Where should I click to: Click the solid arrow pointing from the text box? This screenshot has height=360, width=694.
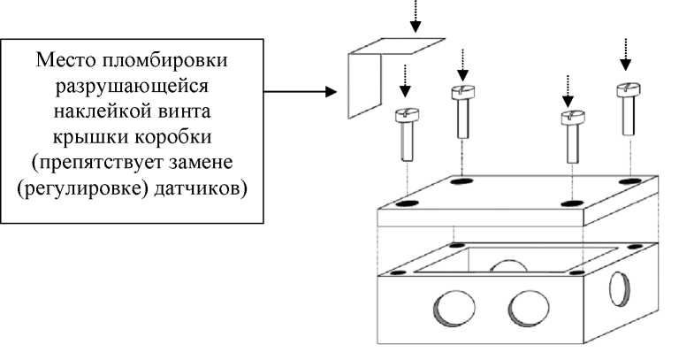301,91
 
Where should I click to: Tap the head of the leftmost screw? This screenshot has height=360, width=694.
404,115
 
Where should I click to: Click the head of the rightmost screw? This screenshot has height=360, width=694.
627,89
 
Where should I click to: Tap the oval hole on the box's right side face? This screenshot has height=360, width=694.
622,288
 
